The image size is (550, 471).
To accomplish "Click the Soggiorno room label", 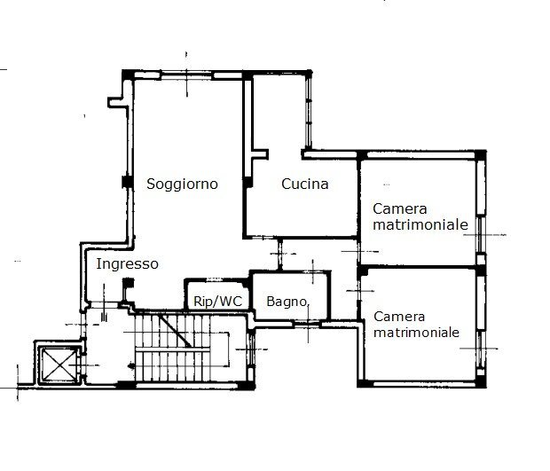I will (183, 184).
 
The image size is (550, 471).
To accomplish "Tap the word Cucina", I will (304, 184).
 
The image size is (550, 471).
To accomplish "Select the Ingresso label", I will (127, 264).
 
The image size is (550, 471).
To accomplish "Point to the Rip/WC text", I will (217, 302).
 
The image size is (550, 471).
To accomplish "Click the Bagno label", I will (287, 302).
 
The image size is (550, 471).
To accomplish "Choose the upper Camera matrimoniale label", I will (420, 217).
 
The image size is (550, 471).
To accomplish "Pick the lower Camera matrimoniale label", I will (417, 325).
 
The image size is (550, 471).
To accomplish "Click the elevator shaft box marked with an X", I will (54, 365).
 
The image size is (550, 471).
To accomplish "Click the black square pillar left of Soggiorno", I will (125, 184).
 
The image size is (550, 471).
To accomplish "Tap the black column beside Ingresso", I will (130, 286).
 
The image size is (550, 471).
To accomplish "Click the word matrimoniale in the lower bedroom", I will (417, 334).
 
